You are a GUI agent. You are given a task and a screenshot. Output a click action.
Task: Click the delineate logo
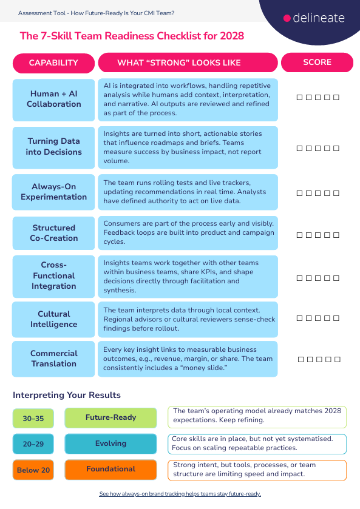314,18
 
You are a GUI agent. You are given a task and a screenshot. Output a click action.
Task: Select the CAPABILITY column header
53,62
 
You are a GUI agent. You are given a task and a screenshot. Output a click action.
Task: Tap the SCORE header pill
317,62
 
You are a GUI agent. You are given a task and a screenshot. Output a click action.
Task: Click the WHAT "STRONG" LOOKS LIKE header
188,62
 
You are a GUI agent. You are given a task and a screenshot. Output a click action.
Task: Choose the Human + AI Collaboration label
53,99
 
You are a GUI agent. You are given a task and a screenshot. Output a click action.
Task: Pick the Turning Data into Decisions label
53,147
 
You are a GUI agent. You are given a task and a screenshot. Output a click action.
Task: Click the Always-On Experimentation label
53,192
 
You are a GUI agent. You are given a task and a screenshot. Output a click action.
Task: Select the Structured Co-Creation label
53,233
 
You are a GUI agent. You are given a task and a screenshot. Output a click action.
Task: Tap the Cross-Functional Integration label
53,275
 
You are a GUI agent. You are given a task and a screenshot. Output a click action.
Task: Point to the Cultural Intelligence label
53,319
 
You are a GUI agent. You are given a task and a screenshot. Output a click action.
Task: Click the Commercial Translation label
53,359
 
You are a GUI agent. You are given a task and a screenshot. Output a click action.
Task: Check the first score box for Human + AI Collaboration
299,98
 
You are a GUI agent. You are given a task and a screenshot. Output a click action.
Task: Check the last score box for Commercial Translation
338,360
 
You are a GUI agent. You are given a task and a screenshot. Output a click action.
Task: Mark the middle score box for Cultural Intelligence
318,319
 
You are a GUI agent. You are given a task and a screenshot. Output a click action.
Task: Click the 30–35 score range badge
33,418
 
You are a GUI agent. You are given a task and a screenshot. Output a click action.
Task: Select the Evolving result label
110,444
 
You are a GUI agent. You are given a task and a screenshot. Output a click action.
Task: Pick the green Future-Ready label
110,417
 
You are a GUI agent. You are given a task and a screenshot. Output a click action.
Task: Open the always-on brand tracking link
180,494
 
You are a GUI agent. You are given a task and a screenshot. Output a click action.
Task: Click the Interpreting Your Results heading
67,395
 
